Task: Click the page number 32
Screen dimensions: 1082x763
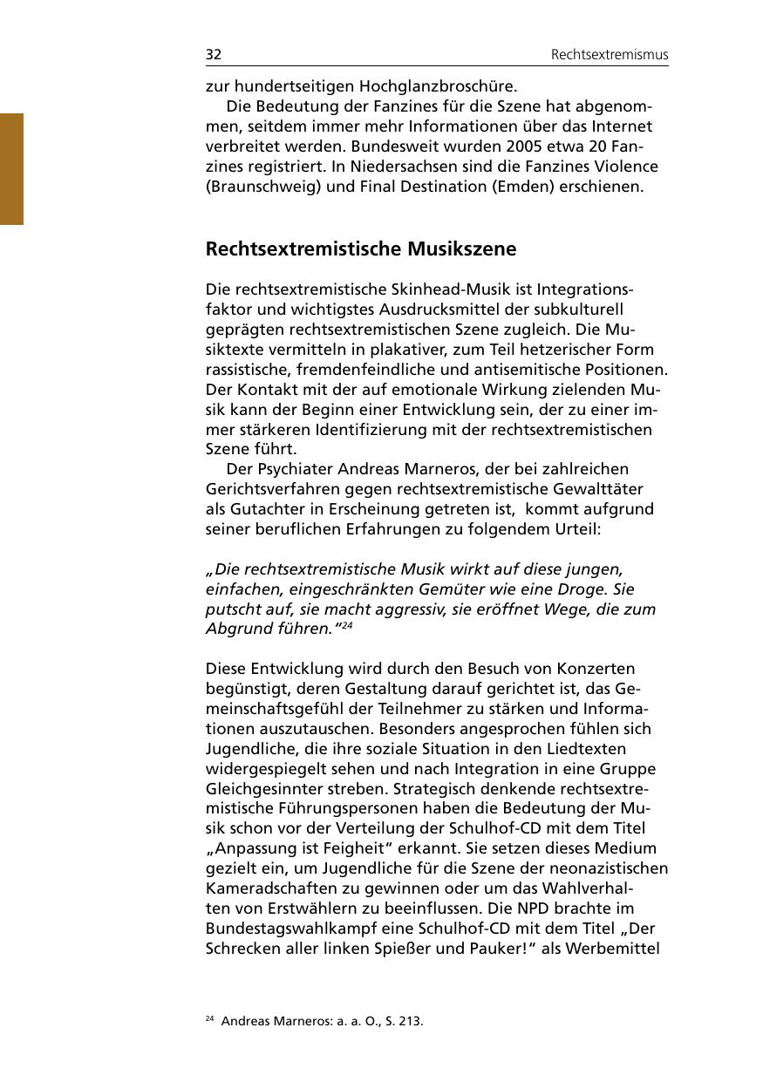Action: click(214, 55)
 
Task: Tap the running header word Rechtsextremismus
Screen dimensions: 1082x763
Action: click(610, 55)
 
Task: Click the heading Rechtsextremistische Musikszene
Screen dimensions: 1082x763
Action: click(361, 249)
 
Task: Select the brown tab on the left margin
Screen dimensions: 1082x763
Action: click(11, 168)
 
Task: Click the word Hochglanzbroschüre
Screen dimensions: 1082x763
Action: click(445, 86)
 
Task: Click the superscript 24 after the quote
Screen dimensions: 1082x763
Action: click(346, 625)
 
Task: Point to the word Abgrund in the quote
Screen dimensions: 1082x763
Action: click(238, 629)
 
